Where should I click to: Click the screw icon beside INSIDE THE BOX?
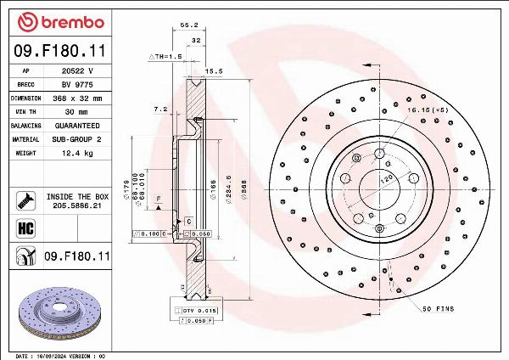(x=25, y=200)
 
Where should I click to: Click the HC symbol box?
(x=25, y=228)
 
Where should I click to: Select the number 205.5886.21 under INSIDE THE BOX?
(x=77, y=205)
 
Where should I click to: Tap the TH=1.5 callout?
(x=166, y=56)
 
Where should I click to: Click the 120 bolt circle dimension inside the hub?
(x=385, y=180)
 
